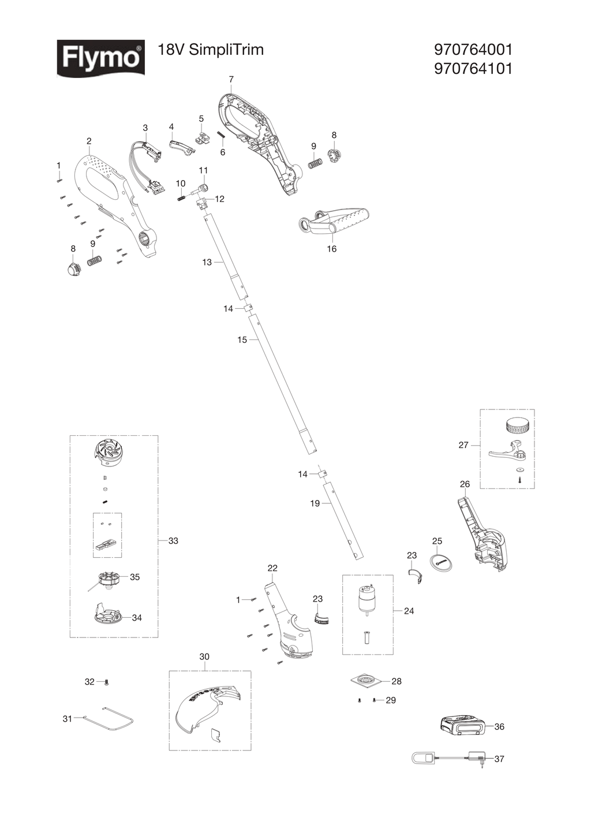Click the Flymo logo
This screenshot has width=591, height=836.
(x=101, y=58)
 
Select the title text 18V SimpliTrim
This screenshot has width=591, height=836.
(x=211, y=50)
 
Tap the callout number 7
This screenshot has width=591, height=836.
(x=231, y=79)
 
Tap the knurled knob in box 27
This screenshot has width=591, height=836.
(x=518, y=426)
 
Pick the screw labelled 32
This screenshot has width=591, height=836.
(x=108, y=682)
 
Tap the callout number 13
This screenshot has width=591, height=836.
(x=207, y=262)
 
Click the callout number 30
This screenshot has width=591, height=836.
(x=204, y=657)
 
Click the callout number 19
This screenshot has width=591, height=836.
(x=315, y=503)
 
